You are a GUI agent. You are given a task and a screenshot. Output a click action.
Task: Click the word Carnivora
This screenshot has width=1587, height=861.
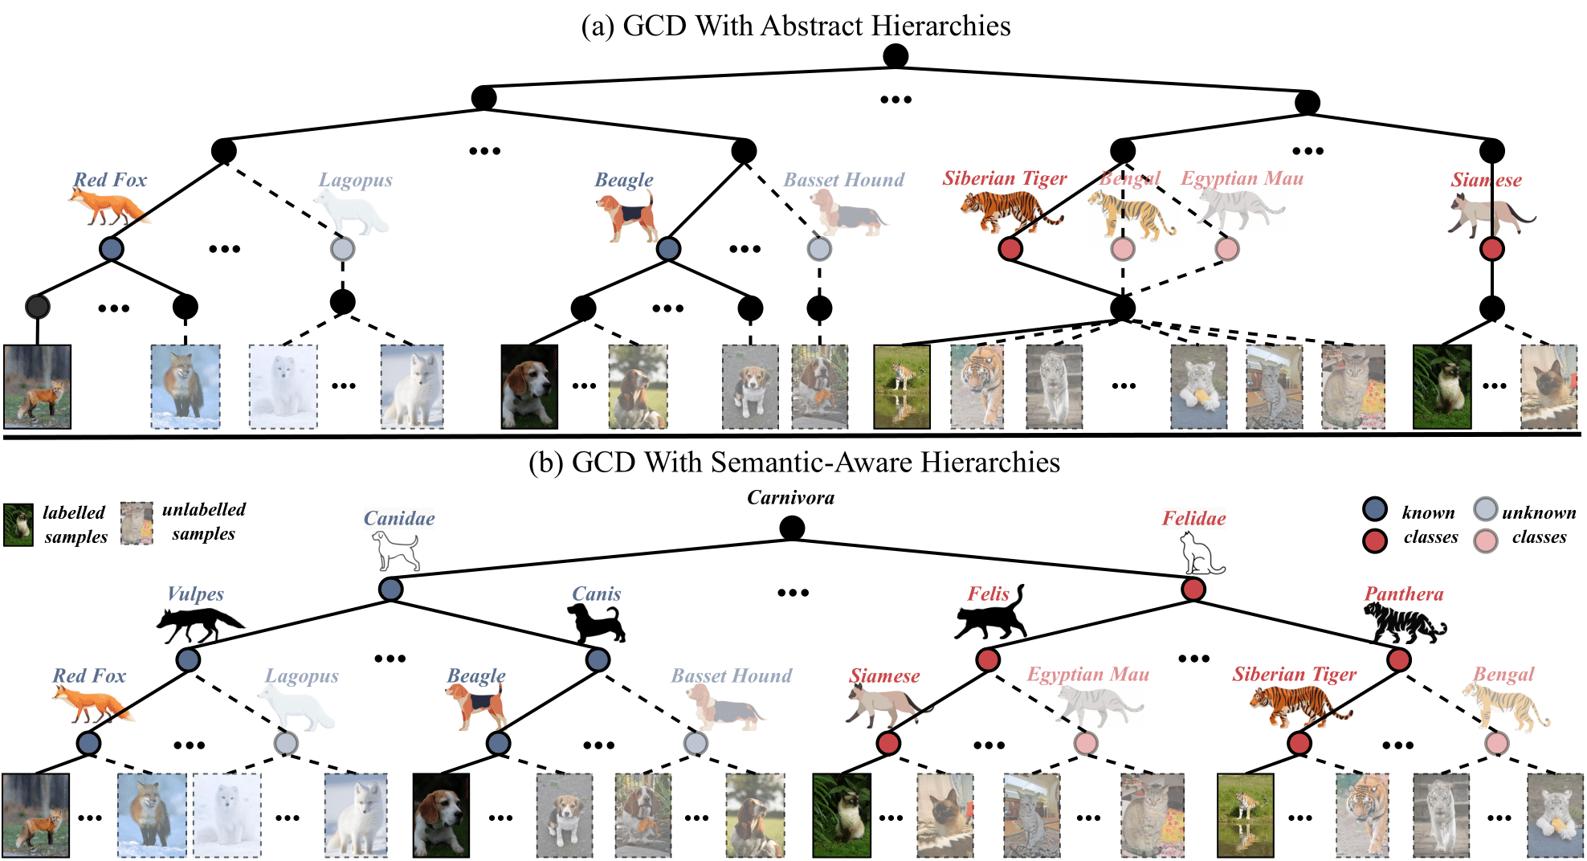[x=790, y=498]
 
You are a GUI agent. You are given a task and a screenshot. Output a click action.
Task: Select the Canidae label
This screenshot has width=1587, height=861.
[x=399, y=519]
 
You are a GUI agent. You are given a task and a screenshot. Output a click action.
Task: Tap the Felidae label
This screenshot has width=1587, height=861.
[x=1193, y=519]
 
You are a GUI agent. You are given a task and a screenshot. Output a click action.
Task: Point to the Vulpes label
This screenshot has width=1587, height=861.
[x=195, y=594]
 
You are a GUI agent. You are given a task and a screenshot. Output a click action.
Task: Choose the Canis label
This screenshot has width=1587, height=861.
[x=596, y=594]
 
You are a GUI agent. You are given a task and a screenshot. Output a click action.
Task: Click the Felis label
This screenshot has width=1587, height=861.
[x=988, y=594]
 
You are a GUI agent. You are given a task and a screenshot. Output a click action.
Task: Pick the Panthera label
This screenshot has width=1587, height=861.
[x=1404, y=594]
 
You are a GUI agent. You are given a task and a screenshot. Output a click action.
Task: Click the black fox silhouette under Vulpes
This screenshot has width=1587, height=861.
[x=200, y=625]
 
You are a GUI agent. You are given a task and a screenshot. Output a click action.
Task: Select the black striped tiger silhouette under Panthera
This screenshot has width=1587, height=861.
[x=1404, y=624]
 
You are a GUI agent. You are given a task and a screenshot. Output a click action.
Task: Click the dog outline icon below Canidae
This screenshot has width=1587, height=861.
[x=396, y=552]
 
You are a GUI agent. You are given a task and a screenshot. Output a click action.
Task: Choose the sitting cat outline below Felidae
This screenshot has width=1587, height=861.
[x=1200, y=554]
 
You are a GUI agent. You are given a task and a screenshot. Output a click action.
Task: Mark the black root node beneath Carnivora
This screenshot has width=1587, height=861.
[x=792, y=528]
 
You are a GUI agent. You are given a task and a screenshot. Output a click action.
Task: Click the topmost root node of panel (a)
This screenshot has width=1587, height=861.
[x=895, y=56]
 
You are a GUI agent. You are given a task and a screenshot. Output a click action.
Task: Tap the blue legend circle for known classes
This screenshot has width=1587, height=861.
[x=1375, y=509]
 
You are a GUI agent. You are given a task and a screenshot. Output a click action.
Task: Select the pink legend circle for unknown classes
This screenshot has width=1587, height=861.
[x=1486, y=541]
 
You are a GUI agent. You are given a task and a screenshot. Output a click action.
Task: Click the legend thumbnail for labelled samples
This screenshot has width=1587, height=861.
[x=18, y=525]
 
